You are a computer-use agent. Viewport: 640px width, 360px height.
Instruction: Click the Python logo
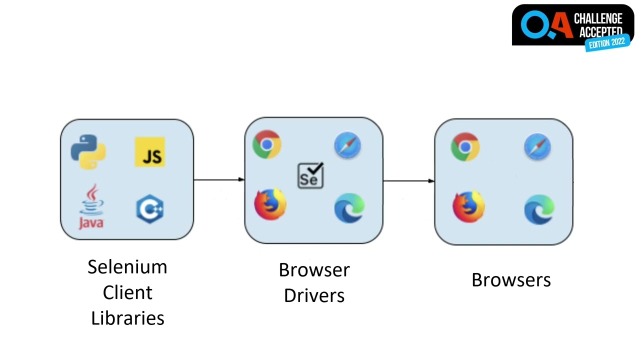click(88, 151)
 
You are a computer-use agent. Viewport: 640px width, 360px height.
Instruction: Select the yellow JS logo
click(150, 151)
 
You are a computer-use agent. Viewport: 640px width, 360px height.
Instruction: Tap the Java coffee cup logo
click(91, 206)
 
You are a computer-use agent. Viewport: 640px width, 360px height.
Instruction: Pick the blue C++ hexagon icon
click(150, 209)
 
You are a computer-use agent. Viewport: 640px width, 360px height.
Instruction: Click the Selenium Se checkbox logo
click(310, 175)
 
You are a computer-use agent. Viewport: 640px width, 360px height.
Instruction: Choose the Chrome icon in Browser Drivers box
click(267, 144)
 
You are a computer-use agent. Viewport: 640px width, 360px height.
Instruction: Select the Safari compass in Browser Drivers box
click(347, 145)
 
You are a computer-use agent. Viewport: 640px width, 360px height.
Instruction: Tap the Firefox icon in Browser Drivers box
click(270, 203)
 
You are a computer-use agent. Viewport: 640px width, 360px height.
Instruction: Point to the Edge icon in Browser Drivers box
click(349, 207)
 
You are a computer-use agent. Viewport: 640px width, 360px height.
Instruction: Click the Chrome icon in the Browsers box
click(465, 147)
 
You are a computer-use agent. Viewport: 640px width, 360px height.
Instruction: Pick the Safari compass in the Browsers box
click(537, 147)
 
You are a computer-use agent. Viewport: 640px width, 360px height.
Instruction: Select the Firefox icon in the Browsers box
click(468, 206)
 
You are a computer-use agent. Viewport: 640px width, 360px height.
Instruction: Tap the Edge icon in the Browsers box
click(539, 209)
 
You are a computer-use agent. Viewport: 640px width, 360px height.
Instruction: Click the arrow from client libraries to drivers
click(219, 179)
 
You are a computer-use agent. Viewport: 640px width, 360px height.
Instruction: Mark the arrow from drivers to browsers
click(409, 181)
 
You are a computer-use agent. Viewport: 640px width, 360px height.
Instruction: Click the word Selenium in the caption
click(127, 267)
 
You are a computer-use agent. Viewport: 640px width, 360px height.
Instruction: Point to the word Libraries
click(127, 318)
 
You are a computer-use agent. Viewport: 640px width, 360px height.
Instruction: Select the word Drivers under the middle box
click(314, 295)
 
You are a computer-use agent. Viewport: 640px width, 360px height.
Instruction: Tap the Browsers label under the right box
click(511, 280)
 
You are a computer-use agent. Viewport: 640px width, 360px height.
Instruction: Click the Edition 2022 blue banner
click(607, 43)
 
